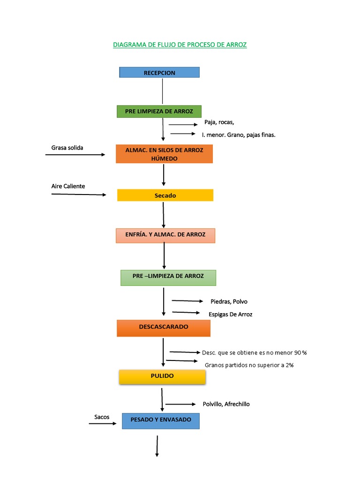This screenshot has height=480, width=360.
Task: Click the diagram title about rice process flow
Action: (180, 45)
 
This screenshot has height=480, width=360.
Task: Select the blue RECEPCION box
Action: (159, 73)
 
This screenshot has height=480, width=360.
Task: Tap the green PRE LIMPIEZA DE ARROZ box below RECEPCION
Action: (159, 112)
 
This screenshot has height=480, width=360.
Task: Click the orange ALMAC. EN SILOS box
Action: (164, 154)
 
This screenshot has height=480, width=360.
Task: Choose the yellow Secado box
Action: (165, 195)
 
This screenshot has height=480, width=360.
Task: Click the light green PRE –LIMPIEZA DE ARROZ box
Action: (168, 277)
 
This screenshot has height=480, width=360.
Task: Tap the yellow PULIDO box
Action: (162, 376)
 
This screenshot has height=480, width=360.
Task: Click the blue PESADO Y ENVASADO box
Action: (161, 420)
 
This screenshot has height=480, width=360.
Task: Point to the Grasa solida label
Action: (67, 148)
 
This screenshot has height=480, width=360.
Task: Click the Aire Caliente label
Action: (68, 186)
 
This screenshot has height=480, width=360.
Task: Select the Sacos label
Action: (102, 417)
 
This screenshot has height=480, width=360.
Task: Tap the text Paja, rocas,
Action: (219, 122)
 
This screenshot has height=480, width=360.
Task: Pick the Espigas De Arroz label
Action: (230, 314)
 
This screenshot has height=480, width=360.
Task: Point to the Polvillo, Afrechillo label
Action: (226, 404)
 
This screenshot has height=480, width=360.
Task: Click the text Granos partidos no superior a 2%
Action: (249, 365)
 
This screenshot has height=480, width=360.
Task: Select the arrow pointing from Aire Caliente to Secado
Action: (79, 194)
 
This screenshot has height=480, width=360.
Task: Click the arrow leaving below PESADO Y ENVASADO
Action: (157, 446)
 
